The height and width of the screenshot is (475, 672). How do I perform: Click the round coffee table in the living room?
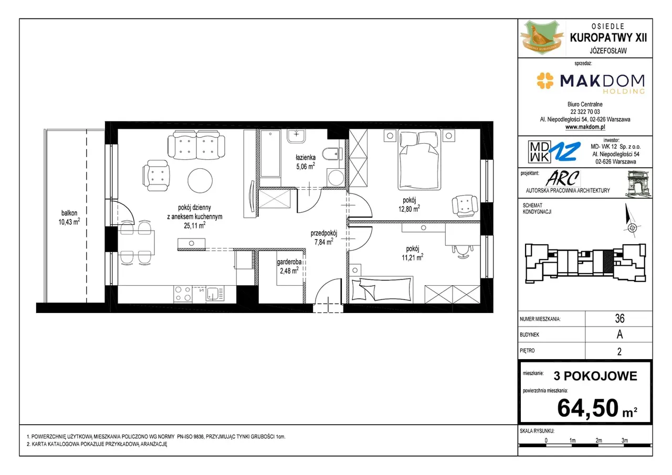point(200,180)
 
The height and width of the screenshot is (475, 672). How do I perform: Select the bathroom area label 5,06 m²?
point(306,166)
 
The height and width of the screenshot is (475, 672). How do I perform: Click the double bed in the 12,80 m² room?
point(419,160)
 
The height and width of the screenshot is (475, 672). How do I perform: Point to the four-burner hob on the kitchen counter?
point(183,294)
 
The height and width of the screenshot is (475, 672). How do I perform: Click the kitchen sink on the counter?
point(215,294)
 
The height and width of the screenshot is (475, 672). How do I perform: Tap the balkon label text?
point(69,213)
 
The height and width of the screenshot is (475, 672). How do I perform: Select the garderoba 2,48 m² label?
point(289,266)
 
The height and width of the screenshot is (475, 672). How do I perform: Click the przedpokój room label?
point(324,233)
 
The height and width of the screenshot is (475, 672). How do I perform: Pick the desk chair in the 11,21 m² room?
point(463,251)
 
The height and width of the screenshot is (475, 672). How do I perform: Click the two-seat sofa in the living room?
point(196,146)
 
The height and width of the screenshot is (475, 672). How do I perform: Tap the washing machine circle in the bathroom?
point(335,178)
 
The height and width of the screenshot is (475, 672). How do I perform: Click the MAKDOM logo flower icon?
point(545,81)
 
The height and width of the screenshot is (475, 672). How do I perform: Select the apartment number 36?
point(619,318)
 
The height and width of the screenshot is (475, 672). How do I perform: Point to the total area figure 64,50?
point(587,408)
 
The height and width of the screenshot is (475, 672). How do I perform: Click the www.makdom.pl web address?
point(585,127)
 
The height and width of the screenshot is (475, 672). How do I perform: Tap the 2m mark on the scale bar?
point(598,440)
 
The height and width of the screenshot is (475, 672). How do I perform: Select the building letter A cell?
point(619,334)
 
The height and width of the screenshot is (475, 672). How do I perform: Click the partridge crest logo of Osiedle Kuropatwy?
point(542,38)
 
